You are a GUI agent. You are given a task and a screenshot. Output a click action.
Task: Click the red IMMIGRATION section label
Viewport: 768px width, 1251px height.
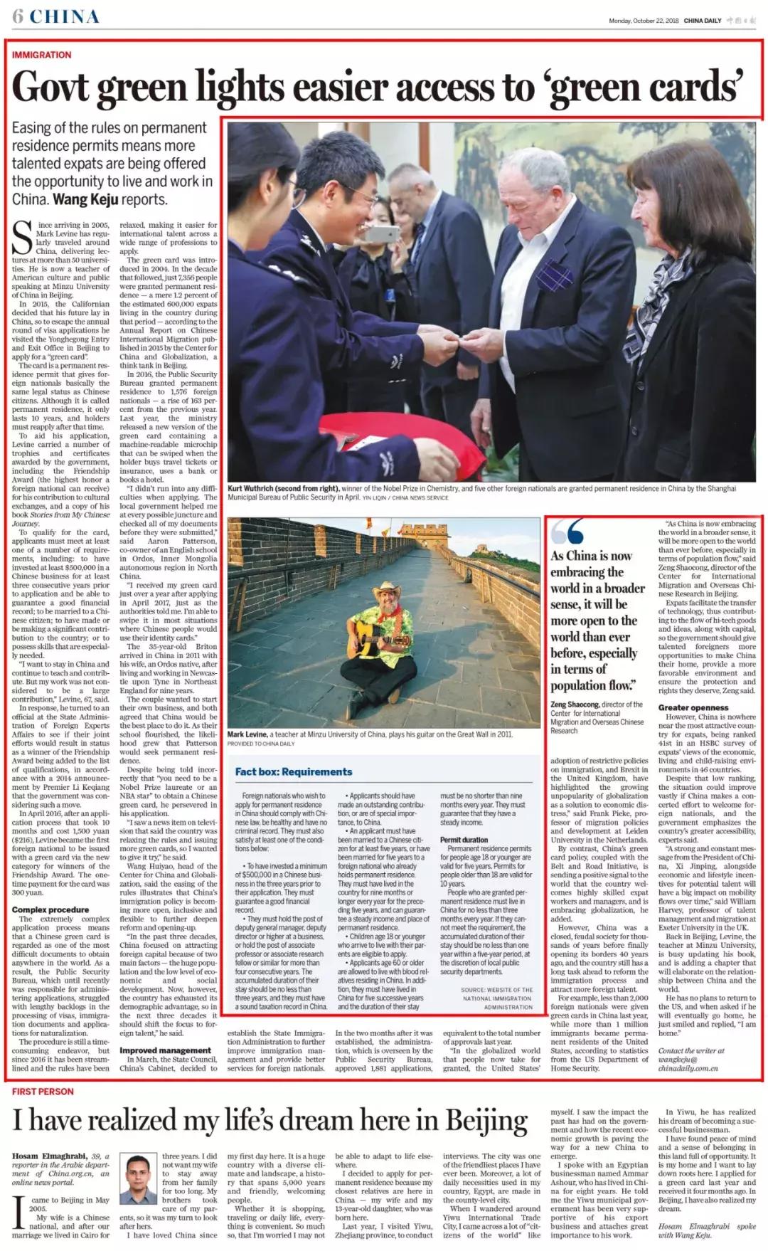[x=42, y=55]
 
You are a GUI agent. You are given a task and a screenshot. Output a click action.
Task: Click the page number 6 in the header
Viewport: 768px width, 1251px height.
[x=18, y=16]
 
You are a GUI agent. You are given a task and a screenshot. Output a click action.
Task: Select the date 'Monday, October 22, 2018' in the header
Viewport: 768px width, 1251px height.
[x=644, y=21]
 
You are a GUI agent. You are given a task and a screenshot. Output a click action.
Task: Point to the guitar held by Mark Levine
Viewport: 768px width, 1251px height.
[x=363, y=643]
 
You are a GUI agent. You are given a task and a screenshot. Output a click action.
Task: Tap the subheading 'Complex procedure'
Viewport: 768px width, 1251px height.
[x=50, y=909]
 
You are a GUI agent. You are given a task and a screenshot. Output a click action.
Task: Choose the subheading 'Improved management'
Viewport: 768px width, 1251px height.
[x=165, y=1050]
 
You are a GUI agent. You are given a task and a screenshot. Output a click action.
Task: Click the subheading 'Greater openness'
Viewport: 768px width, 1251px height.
[x=693, y=707]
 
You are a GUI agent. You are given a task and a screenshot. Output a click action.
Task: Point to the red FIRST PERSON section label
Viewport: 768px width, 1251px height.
[x=43, y=1091]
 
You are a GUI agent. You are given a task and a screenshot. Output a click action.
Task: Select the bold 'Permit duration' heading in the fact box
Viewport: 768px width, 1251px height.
[x=464, y=840]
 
